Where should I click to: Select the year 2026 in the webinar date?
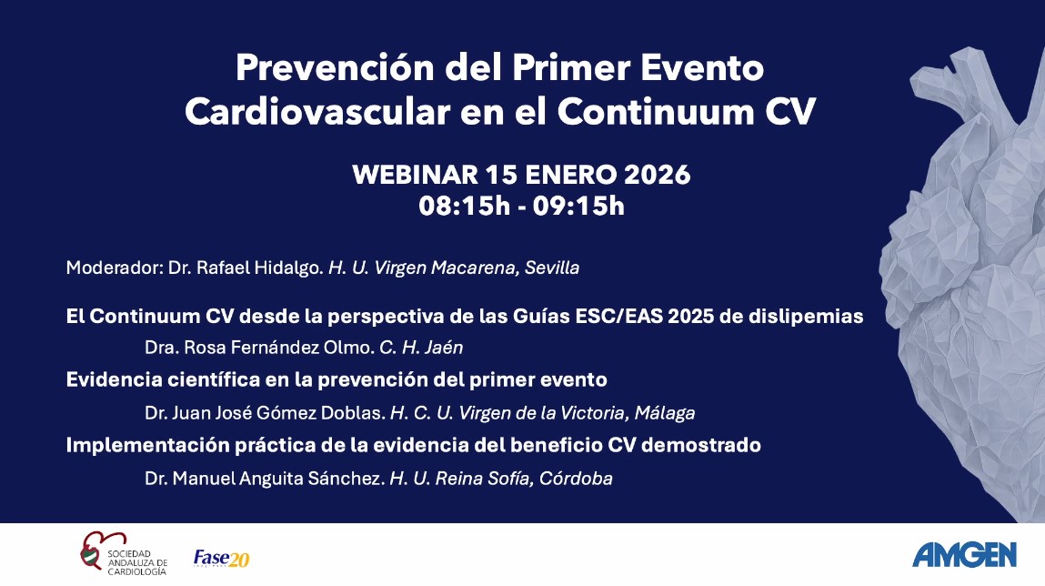[658, 175]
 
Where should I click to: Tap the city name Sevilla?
[552, 268]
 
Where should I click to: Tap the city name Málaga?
[665, 413]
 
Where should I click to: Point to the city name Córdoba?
[576, 478]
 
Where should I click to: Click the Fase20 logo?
[221, 558]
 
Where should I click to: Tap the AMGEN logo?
[964, 555]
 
